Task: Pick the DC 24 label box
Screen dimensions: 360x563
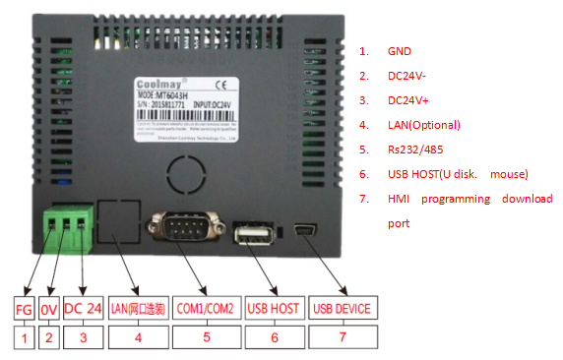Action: [x=83, y=308]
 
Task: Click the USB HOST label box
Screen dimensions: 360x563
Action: [x=272, y=308]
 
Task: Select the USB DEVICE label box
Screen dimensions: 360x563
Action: [x=342, y=308]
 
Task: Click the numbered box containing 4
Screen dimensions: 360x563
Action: [x=137, y=337]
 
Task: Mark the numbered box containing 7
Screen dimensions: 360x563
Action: [x=342, y=337]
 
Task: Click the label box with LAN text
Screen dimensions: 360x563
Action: [x=137, y=308]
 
